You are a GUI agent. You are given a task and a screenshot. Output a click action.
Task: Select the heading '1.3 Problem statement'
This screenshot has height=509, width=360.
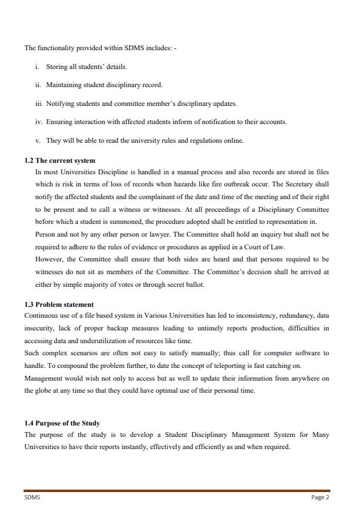pos(59,304)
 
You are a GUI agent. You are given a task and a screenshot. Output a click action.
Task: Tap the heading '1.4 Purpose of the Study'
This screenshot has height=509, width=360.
pos(62,422)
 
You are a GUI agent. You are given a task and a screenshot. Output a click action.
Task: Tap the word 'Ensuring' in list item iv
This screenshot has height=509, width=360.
pos(59,122)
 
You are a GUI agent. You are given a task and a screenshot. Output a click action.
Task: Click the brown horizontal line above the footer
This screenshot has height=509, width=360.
pos(177,491)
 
